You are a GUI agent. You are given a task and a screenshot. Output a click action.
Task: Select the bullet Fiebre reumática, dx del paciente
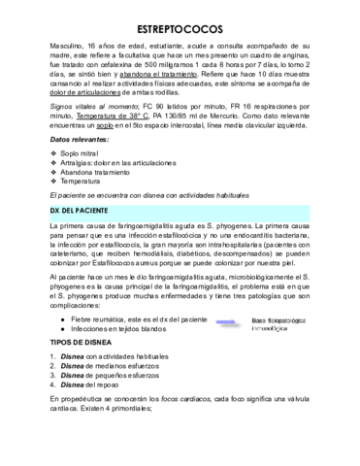pyautogui.click(x=145, y=319)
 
